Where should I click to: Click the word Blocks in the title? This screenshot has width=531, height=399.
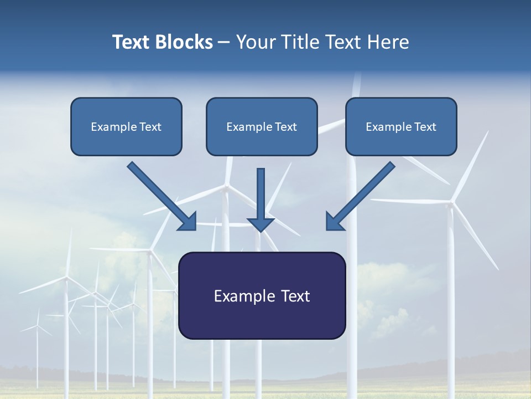tap(185, 42)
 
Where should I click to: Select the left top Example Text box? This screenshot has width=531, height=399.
tap(126, 127)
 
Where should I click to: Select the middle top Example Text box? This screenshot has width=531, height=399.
tap(262, 127)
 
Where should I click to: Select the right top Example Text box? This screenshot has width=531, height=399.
tap(401, 127)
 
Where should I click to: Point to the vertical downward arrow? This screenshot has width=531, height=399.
tap(261, 194)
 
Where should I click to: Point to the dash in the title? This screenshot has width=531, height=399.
tap(224, 42)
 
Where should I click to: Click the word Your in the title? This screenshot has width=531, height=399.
tap(255, 42)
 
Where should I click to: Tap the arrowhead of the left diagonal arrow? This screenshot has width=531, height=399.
tap(188, 222)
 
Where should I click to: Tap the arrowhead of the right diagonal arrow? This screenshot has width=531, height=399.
tap(334, 222)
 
